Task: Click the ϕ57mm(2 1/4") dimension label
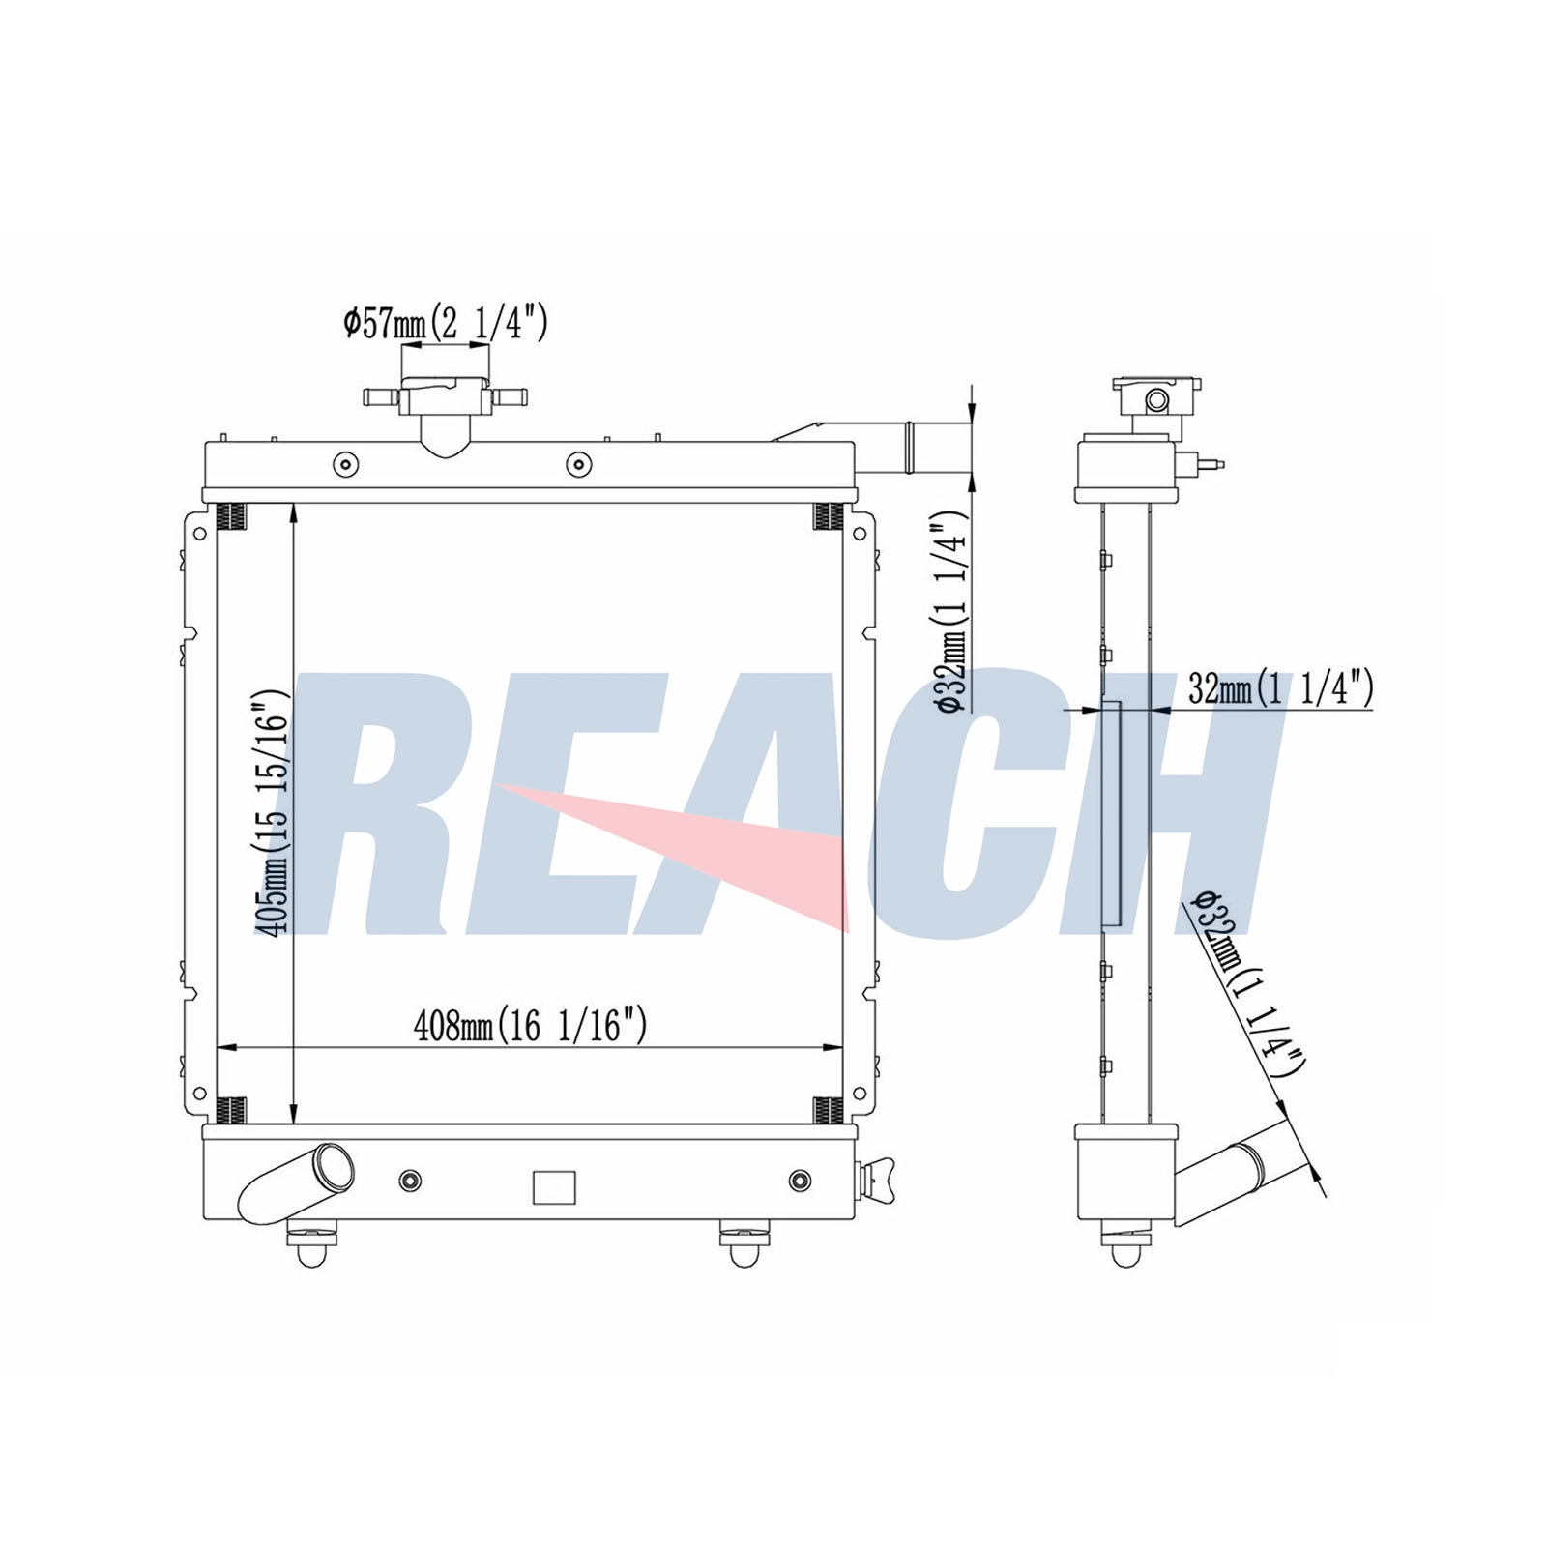tap(446, 322)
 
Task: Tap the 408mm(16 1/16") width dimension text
tap(530, 1025)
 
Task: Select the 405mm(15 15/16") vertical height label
tap(272, 812)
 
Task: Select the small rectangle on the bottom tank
tap(554, 1186)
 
